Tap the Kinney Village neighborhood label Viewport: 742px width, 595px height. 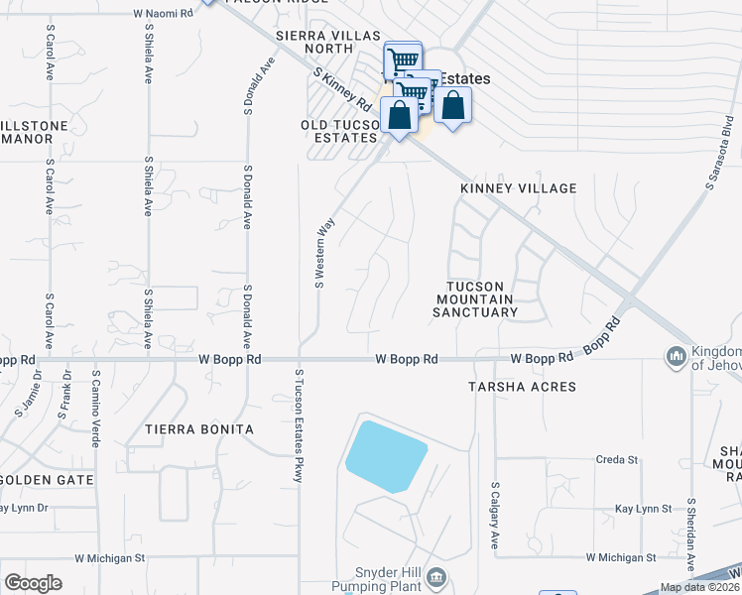pos(518,188)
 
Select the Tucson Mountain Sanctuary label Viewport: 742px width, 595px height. pos(475,298)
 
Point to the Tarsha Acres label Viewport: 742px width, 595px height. pos(522,387)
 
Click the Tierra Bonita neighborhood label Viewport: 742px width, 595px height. pos(199,429)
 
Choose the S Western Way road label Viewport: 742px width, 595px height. pos(320,254)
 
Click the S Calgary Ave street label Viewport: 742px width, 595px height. pos(494,515)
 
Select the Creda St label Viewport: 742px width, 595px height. pos(616,460)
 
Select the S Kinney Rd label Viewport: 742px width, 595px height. pos(341,89)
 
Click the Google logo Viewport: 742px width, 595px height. pos(33,583)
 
